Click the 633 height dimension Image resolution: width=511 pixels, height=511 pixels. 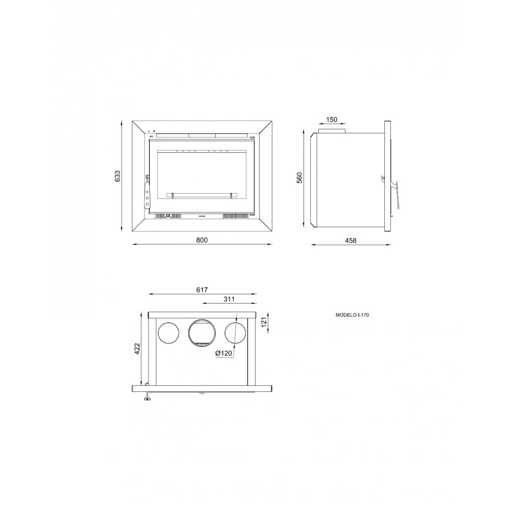pos(118,176)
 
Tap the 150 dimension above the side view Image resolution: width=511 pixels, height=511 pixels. pos(331,120)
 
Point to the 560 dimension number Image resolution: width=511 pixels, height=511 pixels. pos(300,177)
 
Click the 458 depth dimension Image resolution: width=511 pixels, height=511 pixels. pos(351,240)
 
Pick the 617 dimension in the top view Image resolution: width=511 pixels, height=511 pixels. pos(202,290)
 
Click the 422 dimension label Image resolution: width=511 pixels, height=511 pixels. pos(136,349)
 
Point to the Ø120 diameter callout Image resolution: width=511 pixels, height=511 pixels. pos(224,354)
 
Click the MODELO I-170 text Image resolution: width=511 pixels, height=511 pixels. pos(352,316)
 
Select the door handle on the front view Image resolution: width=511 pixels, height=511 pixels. pos(147,193)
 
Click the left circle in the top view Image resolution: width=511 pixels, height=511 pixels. pos(168,332)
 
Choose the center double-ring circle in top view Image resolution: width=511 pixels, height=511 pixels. pos(202,332)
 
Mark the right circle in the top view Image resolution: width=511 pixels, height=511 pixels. pos(236,332)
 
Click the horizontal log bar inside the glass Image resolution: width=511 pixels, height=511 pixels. pos(202,194)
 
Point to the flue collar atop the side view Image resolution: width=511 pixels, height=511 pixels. pos(332,131)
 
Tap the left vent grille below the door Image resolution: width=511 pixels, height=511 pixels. pos(168,216)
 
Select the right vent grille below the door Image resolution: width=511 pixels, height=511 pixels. pos(235,216)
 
